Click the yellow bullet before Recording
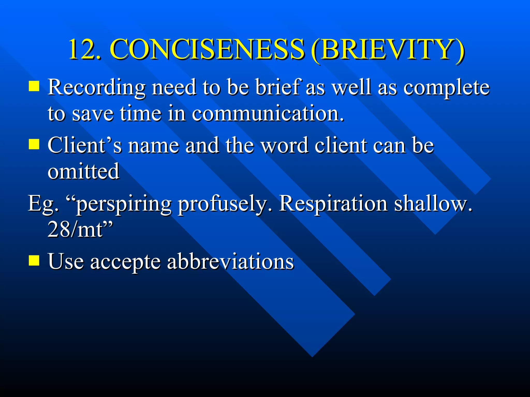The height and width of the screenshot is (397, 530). tap(34, 86)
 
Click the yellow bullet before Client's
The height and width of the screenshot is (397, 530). tap(34, 144)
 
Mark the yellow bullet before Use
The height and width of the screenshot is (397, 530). tap(34, 260)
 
